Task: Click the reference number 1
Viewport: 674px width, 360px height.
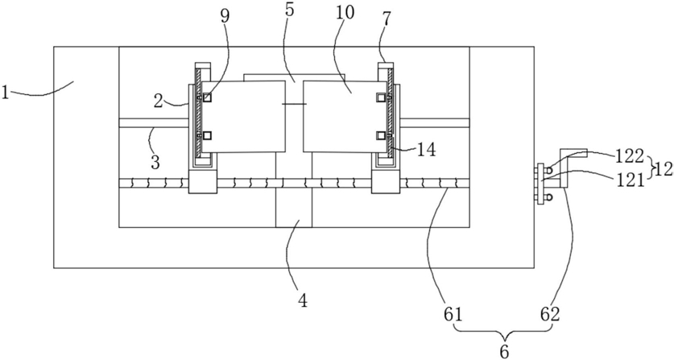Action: click(x=5, y=92)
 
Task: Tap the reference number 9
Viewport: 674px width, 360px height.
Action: click(x=225, y=15)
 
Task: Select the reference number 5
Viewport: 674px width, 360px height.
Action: click(x=289, y=10)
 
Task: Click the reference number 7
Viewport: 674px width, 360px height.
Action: click(x=386, y=19)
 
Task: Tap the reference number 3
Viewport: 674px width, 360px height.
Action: click(x=155, y=163)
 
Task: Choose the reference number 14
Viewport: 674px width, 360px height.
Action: click(x=426, y=150)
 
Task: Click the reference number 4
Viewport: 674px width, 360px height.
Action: click(x=303, y=300)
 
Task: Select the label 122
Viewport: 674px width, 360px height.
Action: click(x=630, y=156)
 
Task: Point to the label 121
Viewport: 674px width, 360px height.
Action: click(x=631, y=179)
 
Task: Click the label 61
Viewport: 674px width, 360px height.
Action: click(x=453, y=315)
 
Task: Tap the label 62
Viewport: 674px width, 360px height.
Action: click(x=551, y=315)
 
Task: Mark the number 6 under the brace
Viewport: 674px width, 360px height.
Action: click(x=504, y=351)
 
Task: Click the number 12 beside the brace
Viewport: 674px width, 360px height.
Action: click(x=664, y=169)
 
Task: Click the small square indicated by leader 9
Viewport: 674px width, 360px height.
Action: click(x=208, y=97)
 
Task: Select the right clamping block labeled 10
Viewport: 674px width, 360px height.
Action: click(x=341, y=116)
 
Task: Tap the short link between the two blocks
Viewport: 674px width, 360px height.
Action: click(x=294, y=104)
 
